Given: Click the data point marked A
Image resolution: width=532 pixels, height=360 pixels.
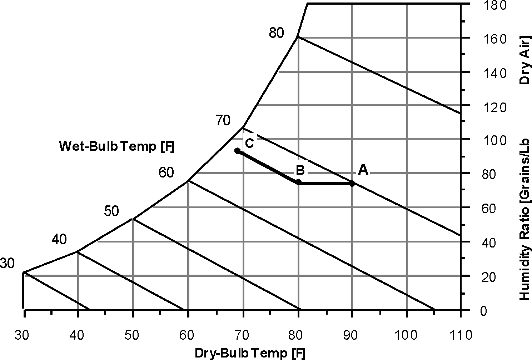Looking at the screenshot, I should (x=352, y=184).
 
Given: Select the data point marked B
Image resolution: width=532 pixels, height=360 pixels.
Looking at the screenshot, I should (x=299, y=182).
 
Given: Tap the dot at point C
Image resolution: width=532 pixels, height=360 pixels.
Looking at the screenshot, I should (x=237, y=151).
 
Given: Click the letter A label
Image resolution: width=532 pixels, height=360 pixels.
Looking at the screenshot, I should (x=363, y=170).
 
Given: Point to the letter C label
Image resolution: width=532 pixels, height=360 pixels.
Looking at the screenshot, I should (x=249, y=143).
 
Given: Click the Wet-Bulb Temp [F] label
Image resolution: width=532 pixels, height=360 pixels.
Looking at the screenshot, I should (x=116, y=147).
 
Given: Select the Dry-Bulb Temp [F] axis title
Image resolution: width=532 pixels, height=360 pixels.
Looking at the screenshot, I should (x=250, y=353).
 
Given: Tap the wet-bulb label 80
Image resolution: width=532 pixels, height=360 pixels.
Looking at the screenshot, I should (x=277, y=33).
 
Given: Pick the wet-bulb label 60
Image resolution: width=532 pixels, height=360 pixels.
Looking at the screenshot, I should (x=166, y=173).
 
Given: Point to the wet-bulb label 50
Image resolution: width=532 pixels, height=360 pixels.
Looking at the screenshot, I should (x=111, y=211).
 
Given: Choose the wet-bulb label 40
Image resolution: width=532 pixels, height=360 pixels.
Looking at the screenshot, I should (x=59, y=240).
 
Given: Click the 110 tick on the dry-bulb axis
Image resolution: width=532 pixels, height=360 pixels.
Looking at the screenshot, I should (x=461, y=335).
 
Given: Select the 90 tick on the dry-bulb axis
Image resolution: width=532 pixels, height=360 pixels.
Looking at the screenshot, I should (x=352, y=335).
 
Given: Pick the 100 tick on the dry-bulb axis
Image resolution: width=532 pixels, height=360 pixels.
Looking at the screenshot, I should (x=406, y=335).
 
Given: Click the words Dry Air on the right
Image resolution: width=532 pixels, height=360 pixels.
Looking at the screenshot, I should (x=524, y=60).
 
